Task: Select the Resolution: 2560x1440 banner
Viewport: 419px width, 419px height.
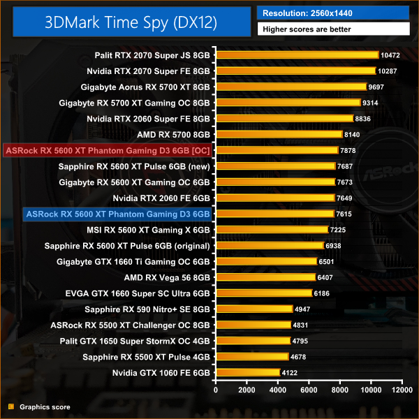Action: click(x=333, y=13)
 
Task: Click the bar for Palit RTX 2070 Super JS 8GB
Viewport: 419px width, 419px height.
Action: click(x=297, y=54)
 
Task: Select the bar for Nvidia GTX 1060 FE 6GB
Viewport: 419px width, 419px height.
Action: click(x=249, y=373)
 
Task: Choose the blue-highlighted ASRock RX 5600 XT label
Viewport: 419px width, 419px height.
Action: click(x=117, y=214)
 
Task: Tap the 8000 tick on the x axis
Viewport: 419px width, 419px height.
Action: click(x=340, y=389)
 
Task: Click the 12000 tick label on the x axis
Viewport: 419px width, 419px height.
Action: click(x=402, y=389)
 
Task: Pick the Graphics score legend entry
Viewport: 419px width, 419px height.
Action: click(x=44, y=406)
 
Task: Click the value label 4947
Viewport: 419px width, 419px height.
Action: click(x=304, y=309)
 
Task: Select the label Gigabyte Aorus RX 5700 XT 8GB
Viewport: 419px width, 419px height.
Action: click(x=145, y=87)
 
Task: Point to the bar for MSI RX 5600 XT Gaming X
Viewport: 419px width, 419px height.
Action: click(x=272, y=230)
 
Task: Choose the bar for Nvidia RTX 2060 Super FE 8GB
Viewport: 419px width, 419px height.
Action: click(x=285, y=118)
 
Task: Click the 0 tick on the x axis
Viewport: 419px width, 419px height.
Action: click(x=216, y=389)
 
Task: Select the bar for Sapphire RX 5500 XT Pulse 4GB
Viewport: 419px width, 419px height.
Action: click(x=253, y=357)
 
